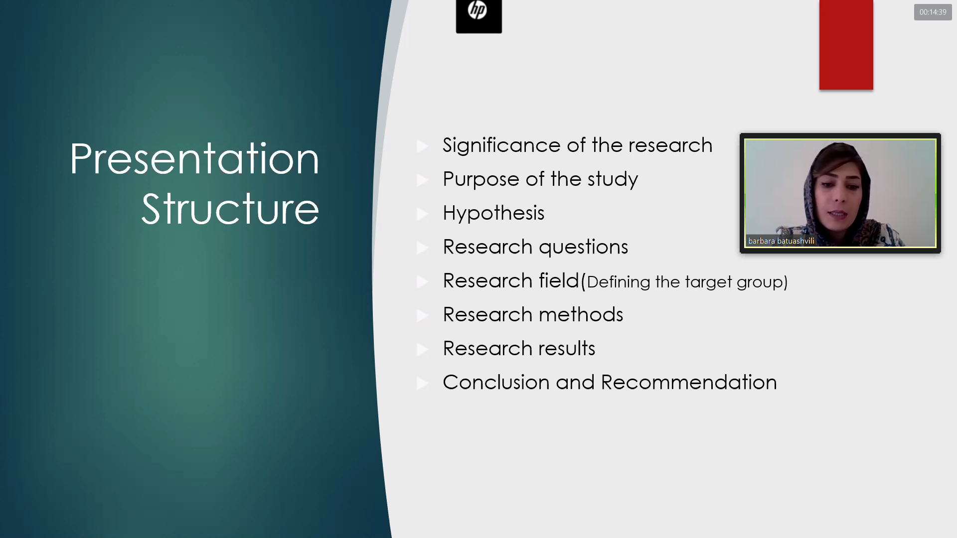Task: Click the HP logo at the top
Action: (x=478, y=16)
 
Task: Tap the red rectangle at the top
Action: (x=846, y=45)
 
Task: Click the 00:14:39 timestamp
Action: (x=933, y=12)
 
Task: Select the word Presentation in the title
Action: (x=194, y=159)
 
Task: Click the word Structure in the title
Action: (x=230, y=209)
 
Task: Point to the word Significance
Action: (x=501, y=146)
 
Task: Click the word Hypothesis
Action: (x=493, y=214)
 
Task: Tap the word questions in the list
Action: (x=583, y=248)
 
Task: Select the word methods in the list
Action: (x=581, y=315)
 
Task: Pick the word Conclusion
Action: (x=496, y=383)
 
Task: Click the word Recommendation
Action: (x=689, y=383)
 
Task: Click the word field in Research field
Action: (x=559, y=281)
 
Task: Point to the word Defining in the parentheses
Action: (x=619, y=282)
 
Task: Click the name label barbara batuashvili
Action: (x=781, y=241)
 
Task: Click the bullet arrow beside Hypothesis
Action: (x=423, y=214)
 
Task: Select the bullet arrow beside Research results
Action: (x=423, y=350)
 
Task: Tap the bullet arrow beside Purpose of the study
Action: (x=423, y=180)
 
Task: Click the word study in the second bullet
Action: (x=613, y=180)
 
